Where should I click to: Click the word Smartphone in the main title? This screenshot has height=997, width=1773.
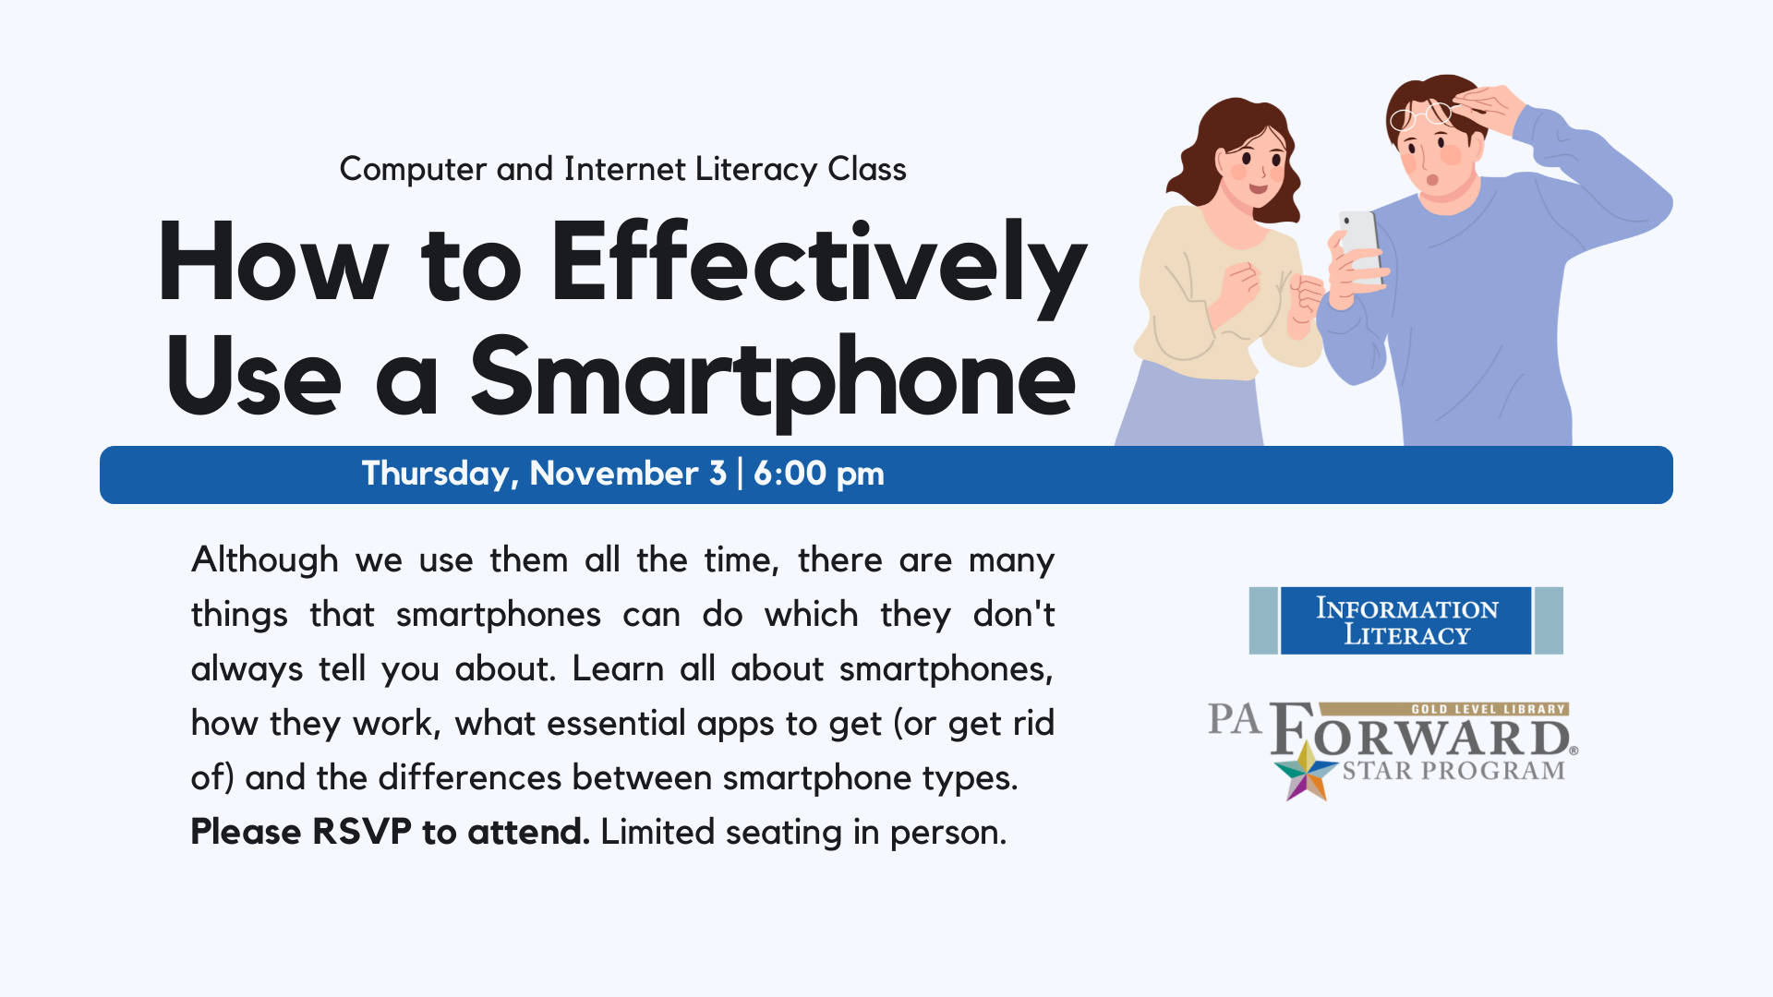[x=773, y=378]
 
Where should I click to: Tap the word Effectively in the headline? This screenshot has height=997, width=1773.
[x=818, y=265]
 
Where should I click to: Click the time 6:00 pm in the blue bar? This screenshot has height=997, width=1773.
[x=819, y=474]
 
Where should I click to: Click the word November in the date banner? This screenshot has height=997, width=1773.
[x=614, y=474]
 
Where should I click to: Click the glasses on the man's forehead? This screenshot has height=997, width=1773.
[x=1422, y=115]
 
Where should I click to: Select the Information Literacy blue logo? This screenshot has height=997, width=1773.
[x=1405, y=621]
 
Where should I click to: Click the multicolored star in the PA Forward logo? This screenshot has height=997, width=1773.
[x=1306, y=772]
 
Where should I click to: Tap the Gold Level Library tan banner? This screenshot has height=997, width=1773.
[x=1444, y=709]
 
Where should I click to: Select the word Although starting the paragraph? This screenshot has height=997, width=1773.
[x=265, y=560]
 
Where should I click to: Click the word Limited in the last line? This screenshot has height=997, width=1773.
[x=657, y=832]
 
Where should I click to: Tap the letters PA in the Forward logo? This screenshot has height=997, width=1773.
[x=1235, y=719]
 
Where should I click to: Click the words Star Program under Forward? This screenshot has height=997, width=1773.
[x=1453, y=771]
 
